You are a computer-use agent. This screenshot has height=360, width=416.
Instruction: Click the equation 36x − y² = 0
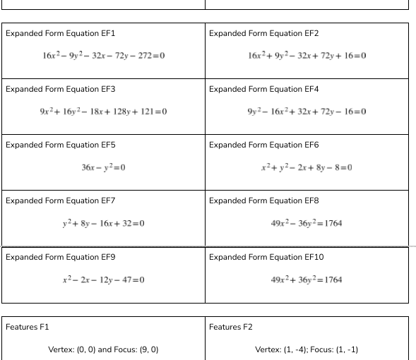click(104, 167)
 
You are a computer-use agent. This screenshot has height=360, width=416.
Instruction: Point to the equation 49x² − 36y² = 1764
click(307, 223)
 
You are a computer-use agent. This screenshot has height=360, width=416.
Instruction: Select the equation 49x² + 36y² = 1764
click(307, 280)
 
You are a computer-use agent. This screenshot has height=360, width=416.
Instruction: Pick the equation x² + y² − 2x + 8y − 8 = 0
click(307, 167)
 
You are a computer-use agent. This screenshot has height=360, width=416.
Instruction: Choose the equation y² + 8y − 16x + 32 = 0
click(104, 223)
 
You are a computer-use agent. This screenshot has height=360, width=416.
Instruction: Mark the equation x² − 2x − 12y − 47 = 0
click(104, 280)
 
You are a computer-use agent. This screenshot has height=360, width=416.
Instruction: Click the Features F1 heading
click(28, 327)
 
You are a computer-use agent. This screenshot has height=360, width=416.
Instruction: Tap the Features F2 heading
click(231, 327)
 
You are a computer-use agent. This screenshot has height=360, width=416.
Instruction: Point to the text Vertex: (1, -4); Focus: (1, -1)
click(307, 349)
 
